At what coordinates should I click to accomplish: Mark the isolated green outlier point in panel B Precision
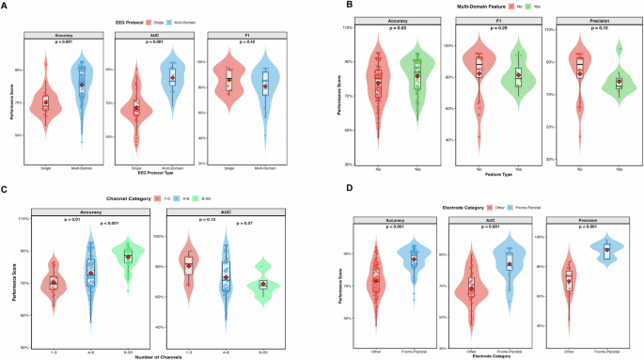[619, 49]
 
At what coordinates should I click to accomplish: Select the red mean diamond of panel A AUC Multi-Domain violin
[171, 78]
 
